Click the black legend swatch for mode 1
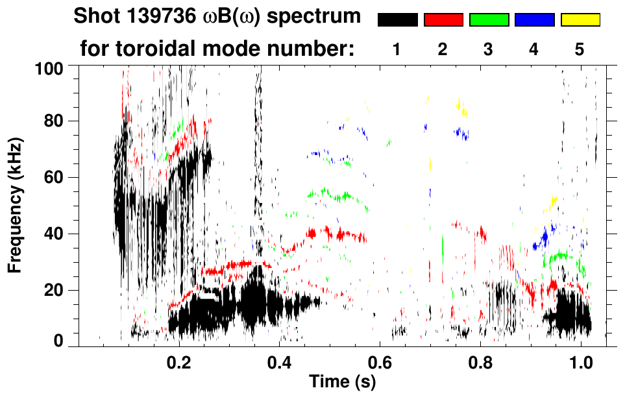pyautogui.click(x=398, y=20)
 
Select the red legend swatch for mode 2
pyautogui.click(x=443, y=20)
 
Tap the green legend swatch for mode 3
pyautogui.click(x=489, y=20)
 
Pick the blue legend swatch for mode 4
pyautogui.click(x=534, y=20)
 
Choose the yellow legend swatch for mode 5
pyautogui.click(x=580, y=20)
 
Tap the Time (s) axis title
pyautogui.click(x=343, y=381)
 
